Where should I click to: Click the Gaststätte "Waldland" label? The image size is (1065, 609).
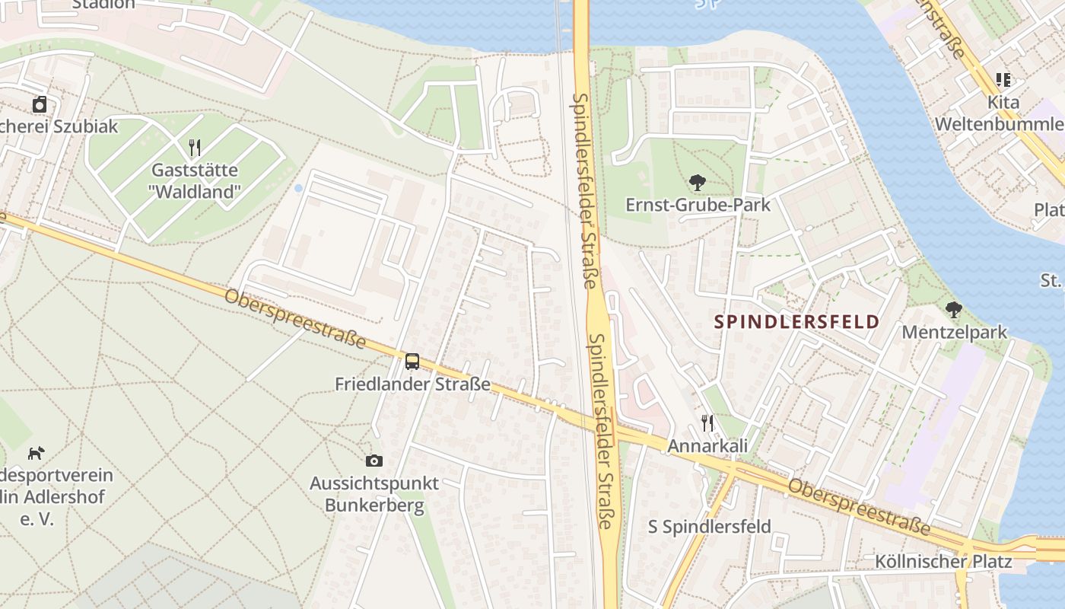(x=195, y=180)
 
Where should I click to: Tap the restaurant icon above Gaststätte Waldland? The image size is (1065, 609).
(x=195, y=147)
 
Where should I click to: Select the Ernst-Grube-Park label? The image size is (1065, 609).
(x=698, y=205)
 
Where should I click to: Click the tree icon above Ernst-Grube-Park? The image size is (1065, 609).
(x=697, y=182)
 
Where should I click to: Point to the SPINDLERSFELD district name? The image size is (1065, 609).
(x=796, y=321)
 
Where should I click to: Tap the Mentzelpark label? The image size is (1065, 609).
(x=954, y=332)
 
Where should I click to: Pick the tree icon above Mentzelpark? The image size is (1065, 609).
(x=953, y=309)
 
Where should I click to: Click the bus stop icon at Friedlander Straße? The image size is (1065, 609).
(x=412, y=362)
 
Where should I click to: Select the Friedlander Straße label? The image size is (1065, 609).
(x=412, y=384)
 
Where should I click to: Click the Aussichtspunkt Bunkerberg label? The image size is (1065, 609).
(x=374, y=494)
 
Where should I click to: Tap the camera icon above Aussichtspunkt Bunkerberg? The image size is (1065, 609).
(x=374, y=461)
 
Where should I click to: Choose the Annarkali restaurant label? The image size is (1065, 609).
(x=707, y=446)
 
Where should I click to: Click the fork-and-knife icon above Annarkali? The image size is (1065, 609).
(x=707, y=422)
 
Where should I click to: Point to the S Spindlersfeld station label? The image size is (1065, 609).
(x=709, y=526)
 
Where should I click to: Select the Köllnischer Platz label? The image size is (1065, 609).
(x=943, y=562)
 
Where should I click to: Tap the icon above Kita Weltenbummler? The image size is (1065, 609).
(x=1003, y=79)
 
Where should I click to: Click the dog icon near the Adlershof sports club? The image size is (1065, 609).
(x=36, y=454)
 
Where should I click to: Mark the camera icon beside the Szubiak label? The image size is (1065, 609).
(x=40, y=104)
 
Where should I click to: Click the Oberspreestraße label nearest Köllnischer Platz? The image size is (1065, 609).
(x=859, y=506)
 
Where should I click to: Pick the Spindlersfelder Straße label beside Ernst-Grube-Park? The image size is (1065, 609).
(x=584, y=190)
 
